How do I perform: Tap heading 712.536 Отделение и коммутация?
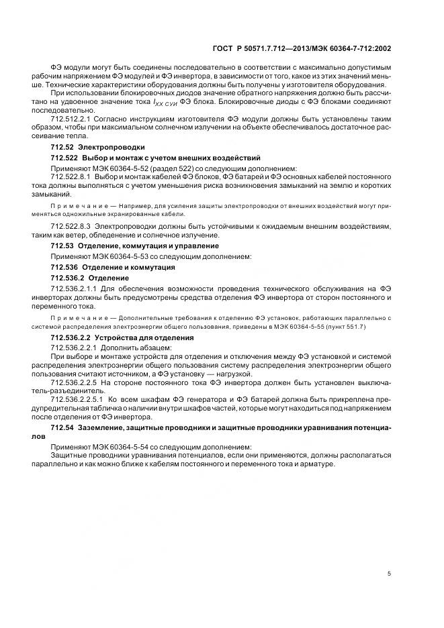(x=108, y=266)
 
